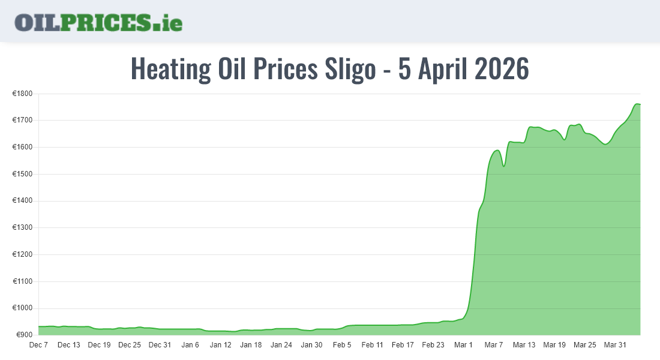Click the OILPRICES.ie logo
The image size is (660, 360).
(98, 22)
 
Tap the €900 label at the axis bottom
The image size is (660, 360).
(24, 335)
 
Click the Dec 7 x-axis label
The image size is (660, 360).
(38, 345)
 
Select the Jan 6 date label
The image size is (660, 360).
(190, 345)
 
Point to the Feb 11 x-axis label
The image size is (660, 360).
(372, 345)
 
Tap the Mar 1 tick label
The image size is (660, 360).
(463, 345)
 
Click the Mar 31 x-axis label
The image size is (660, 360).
(614, 345)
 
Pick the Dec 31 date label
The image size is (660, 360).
(160, 345)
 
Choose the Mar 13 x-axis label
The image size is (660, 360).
(524, 345)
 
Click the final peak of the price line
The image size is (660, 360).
(637, 104)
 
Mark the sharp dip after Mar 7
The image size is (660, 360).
(504, 166)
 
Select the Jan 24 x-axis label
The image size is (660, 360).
(281, 345)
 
